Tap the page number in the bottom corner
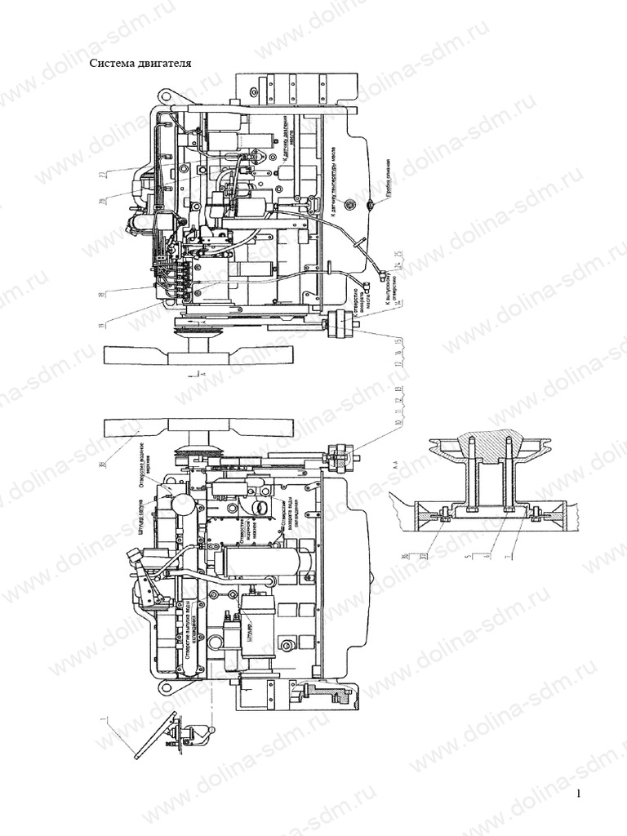tap(579, 794)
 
